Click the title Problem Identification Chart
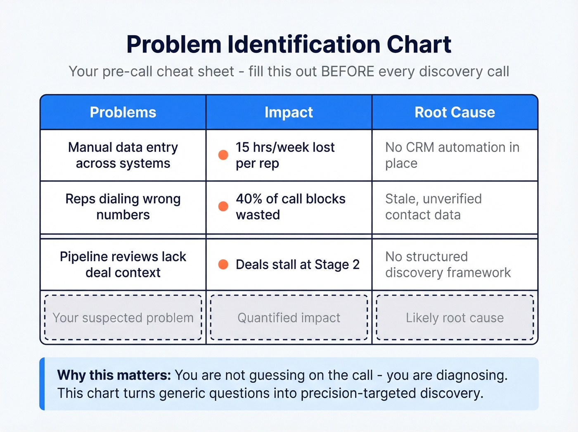[x=289, y=44]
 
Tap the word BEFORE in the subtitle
[x=348, y=72]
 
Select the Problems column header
[x=123, y=112]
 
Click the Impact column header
[x=289, y=112]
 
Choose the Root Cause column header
[x=455, y=112]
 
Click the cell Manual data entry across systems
[x=123, y=155]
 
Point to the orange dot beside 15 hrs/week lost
[x=223, y=155]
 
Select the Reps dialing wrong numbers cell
[x=123, y=207]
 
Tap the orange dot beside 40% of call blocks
[x=223, y=206]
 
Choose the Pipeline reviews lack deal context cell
[x=123, y=265]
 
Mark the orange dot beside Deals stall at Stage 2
[x=223, y=265]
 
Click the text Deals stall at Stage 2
[x=297, y=265]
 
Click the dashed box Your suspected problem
[x=123, y=317]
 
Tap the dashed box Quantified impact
[x=289, y=317]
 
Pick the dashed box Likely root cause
[x=455, y=317]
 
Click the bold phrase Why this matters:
[x=114, y=375]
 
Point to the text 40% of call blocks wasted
[x=290, y=207]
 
